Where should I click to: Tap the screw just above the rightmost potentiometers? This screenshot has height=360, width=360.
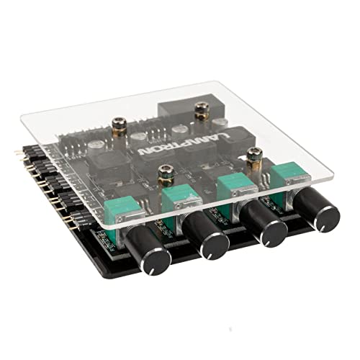[x=253, y=153]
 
